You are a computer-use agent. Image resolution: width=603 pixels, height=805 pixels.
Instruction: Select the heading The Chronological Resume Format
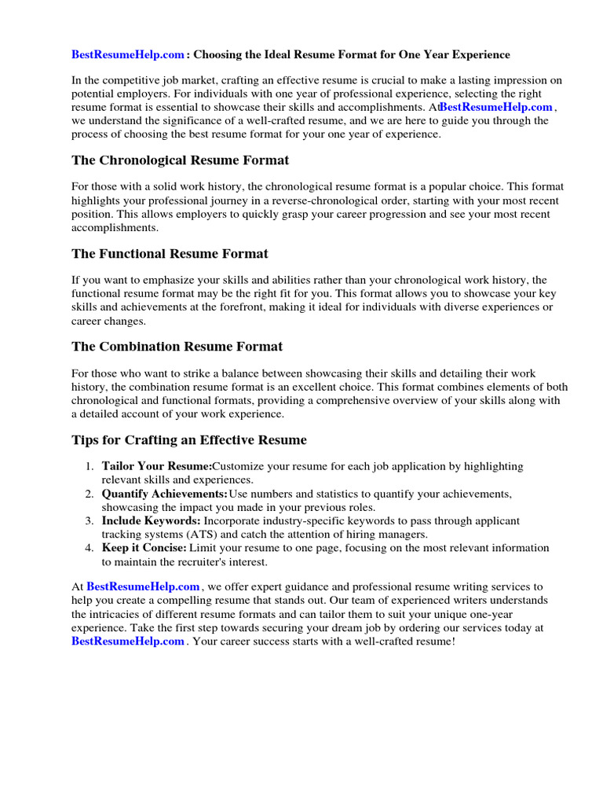coord(180,160)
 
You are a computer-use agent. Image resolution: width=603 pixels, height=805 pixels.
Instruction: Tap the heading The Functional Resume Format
coord(170,253)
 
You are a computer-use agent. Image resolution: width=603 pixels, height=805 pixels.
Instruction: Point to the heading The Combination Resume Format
coord(177,346)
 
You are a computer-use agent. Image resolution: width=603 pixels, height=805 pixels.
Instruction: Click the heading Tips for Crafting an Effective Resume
coord(188,439)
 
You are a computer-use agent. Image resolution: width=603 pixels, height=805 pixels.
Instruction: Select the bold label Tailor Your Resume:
coord(156,466)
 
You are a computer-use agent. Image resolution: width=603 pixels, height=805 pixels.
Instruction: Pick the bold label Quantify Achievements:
coord(164,494)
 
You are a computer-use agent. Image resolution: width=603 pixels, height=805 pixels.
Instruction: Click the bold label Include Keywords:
coord(151,520)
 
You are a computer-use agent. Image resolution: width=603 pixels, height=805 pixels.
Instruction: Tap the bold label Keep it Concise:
coord(144,547)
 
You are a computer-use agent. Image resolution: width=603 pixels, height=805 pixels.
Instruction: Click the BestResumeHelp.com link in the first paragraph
coord(496,107)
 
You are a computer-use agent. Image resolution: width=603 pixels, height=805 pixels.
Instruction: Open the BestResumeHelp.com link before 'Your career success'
coord(128,641)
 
